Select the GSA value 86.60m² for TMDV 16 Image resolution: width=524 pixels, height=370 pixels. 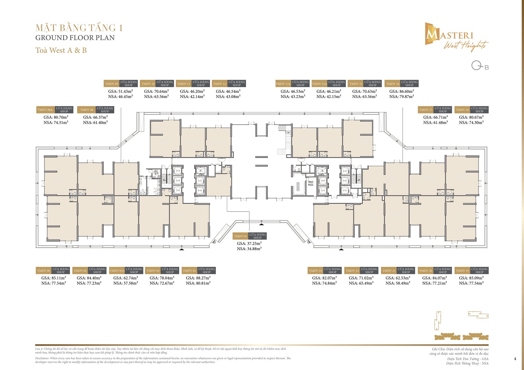(x=401, y=91)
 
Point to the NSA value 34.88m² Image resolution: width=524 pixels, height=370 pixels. (x=249, y=249)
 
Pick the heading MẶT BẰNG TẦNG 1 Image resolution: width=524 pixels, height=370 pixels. (x=79, y=28)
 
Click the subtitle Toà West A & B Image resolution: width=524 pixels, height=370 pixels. (x=61, y=50)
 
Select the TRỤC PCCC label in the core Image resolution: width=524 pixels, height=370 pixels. (x=311, y=184)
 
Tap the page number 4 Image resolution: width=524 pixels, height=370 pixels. (x=515, y=359)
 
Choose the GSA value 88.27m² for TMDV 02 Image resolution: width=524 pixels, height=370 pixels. (x=198, y=278)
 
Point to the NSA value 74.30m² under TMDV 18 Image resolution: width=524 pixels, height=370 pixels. (x=471, y=122)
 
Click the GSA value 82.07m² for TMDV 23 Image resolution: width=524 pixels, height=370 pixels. (x=324, y=278)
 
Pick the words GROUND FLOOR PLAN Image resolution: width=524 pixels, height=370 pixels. (x=75, y=38)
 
